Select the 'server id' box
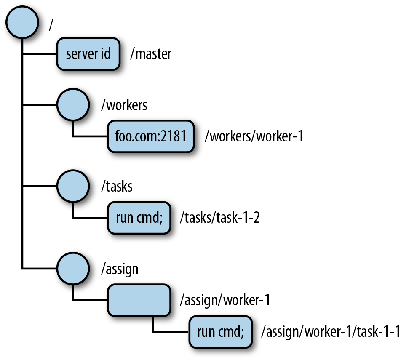89,54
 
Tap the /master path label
151,54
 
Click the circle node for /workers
73,105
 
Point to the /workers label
124,105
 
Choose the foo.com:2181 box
151,137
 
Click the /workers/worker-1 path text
254,137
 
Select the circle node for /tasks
73,186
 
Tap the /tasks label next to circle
117,186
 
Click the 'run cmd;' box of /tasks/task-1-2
139,218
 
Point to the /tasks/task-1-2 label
219,218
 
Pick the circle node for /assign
73,268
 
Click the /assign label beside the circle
120,268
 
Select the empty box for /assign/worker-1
139,300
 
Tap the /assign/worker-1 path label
225,300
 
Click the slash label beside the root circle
51,24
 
